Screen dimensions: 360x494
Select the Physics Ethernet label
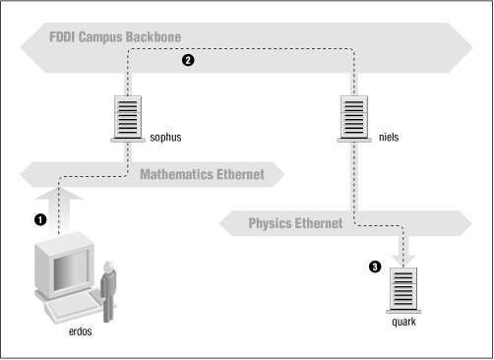coord(294,223)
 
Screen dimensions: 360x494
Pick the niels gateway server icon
coord(355,115)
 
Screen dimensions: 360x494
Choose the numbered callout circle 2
coord(188,61)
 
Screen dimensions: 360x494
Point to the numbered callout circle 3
coord(375,266)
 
